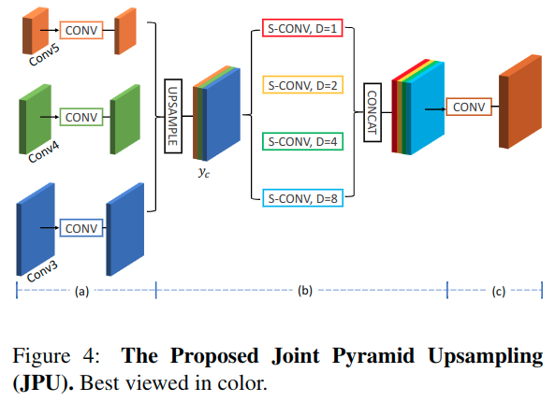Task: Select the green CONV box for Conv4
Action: (x=80, y=118)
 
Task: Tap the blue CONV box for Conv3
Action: (x=80, y=227)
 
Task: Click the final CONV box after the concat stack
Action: (x=469, y=107)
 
